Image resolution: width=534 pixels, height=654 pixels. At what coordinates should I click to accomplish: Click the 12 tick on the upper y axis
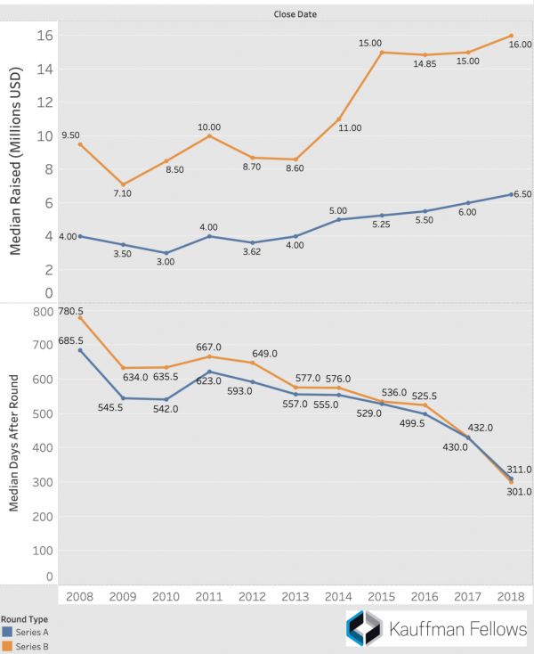pyautogui.click(x=44, y=102)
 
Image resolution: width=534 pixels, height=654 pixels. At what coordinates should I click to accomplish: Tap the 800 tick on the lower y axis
pyautogui.click(x=41, y=312)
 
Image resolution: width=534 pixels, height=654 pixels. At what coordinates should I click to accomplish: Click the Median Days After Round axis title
pyautogui.click(x=14, y=443)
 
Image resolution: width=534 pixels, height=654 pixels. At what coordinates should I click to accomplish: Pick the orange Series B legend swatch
pyautogui.click(x=6, y=646)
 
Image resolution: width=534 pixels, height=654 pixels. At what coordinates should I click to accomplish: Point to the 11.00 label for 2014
pyautogui.click(x=350, y=127)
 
